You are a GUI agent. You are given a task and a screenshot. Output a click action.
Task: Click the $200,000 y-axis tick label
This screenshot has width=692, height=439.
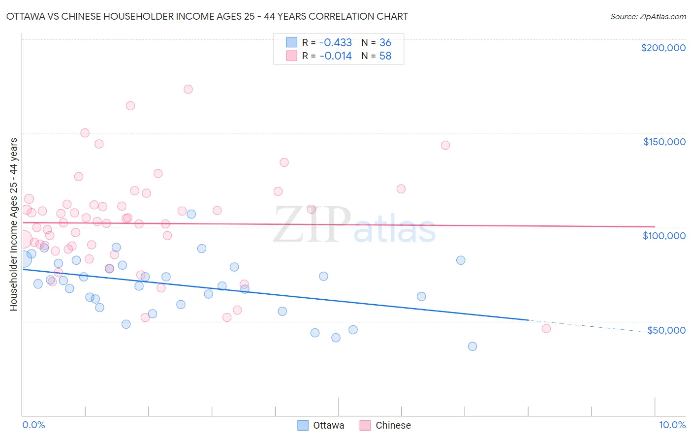pos(663,48)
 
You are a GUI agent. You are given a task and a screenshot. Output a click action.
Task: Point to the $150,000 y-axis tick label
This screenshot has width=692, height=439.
pos(664,142)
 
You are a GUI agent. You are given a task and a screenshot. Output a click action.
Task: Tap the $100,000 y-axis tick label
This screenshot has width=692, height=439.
pos(664,236)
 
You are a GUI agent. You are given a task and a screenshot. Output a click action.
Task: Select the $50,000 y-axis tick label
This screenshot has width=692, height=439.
pos(666,330)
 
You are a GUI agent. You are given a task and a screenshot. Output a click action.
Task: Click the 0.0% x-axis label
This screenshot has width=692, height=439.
pos(33,425)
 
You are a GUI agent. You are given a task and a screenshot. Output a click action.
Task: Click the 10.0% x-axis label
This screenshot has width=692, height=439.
pos(672,425)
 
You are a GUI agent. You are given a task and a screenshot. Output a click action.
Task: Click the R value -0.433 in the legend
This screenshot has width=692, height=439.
pos(336,42)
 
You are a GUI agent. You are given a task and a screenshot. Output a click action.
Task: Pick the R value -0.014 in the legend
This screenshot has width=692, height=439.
pos(336,56)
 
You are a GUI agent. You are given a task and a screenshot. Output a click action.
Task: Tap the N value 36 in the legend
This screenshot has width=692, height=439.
pos(385,42)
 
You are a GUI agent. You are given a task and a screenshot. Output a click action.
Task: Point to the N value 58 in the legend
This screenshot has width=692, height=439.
pos(385,56)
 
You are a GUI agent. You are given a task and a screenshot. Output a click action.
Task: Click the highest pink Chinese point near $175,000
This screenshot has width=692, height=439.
pos(188,89)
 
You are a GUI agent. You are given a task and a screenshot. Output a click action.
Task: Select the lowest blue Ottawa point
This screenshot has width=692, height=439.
pos(472,346)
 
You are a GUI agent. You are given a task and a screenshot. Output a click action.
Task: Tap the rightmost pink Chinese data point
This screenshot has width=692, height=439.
pos(546,328)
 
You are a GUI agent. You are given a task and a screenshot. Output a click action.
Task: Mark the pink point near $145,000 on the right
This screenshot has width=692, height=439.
pos(445,145)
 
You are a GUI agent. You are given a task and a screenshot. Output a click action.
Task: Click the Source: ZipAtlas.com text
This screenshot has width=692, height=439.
pos(648,16)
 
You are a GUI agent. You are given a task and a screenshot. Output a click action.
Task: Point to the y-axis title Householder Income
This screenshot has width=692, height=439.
pos(13,224)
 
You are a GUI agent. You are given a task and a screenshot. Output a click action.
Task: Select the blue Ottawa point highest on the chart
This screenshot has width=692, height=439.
pos(191,214)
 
